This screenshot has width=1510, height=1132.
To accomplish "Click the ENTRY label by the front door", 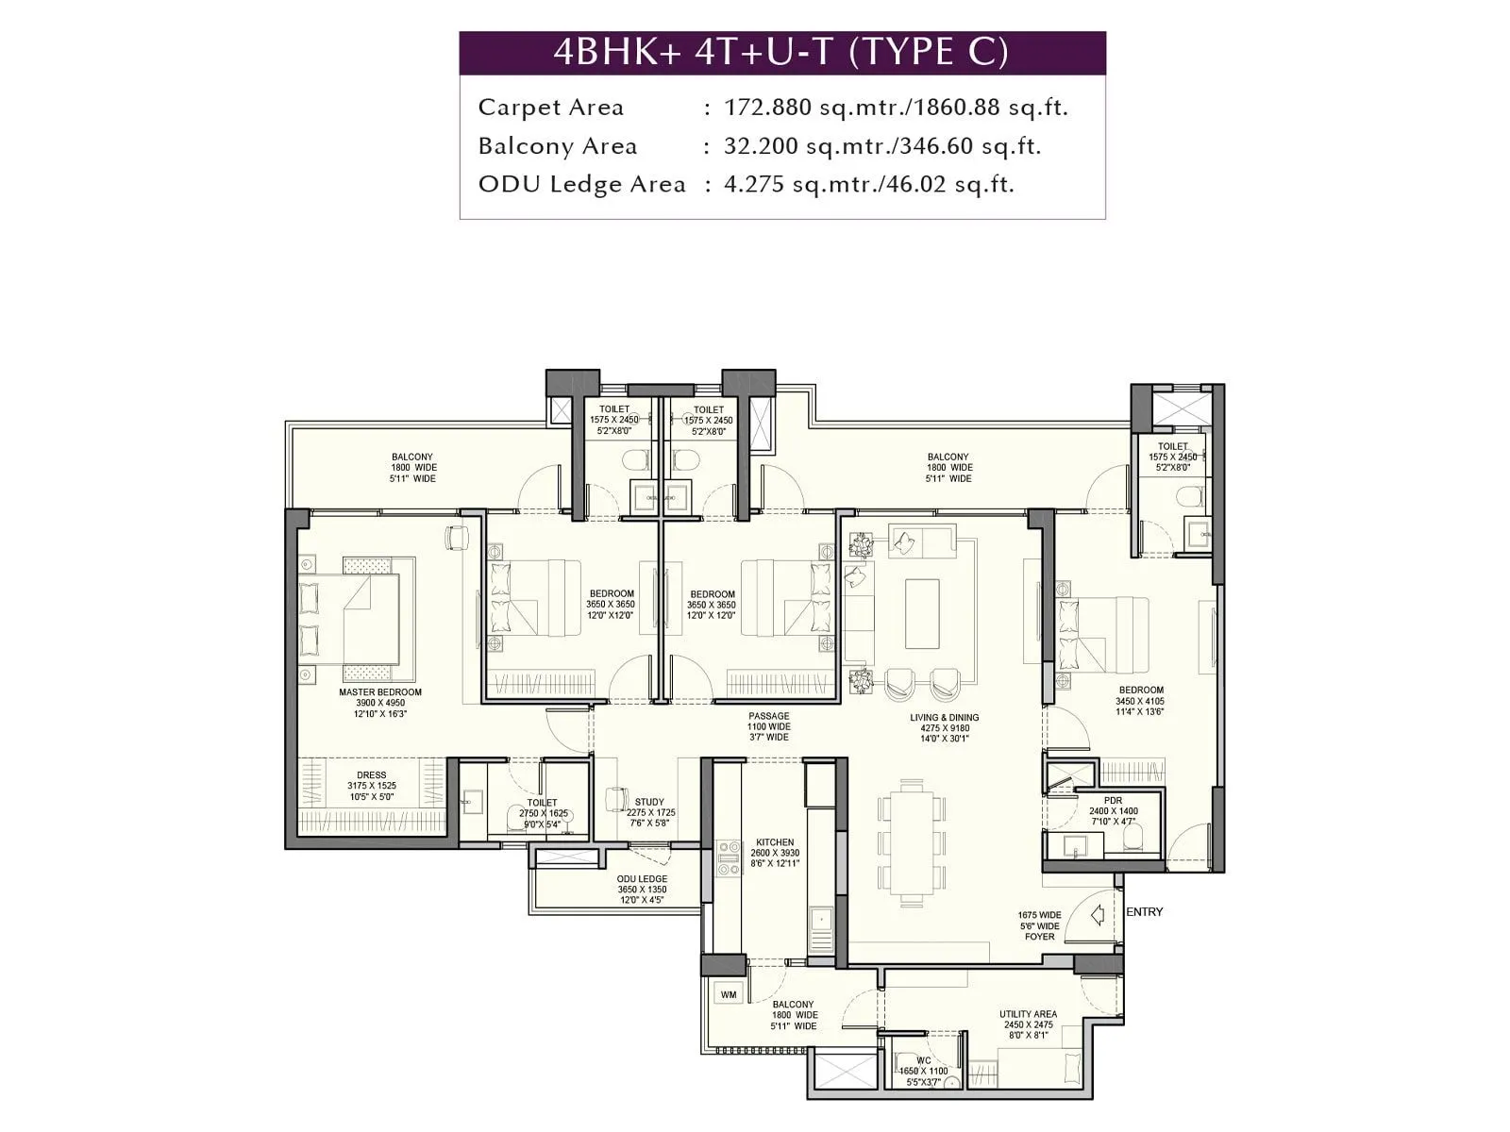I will point(1144,912).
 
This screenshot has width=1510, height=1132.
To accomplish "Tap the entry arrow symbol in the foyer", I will point(1098,915).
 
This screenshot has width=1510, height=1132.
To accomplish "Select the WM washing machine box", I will point(729,995).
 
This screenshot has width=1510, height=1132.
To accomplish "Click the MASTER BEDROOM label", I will point(380,692).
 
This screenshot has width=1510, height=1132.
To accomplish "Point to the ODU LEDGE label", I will point(642,879).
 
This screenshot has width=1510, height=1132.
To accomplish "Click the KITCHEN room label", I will point(775,842).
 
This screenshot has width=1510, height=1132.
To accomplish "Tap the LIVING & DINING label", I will point(945,718).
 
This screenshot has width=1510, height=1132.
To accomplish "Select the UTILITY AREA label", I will point(1028,1015).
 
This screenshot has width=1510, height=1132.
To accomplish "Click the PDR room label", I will point(1114,800).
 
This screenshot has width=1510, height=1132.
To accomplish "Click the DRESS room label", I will point(371,775).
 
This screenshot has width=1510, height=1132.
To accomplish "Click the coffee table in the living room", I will point(922,613).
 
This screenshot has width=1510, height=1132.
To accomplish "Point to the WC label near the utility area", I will point(923,1061).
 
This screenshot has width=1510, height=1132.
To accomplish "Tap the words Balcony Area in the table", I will point(557,146).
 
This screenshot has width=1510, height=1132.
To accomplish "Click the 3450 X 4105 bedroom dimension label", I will point(1140,701).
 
